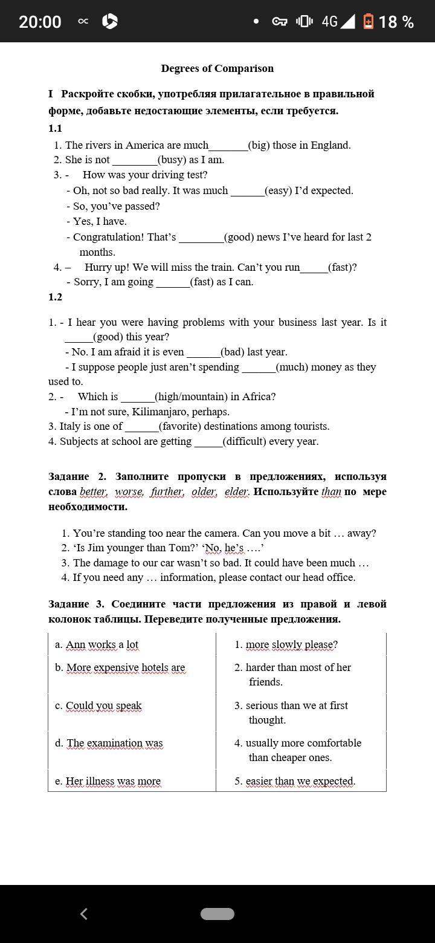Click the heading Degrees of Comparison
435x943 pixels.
(217, 68)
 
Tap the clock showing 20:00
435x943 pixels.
(40, 22)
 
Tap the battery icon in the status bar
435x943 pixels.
(368, 22)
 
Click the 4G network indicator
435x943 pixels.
(329, 22)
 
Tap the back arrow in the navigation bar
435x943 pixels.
(84, 913)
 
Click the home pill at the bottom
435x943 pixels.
(217, 913)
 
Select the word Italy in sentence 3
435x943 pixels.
(71, 426)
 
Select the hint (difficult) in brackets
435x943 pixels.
(246, 441)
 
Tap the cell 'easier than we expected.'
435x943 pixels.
(300, 781)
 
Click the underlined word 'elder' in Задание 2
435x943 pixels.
(236, 491)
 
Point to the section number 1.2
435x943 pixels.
(55, 297)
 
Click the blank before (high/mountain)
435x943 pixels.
(138, 397)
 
